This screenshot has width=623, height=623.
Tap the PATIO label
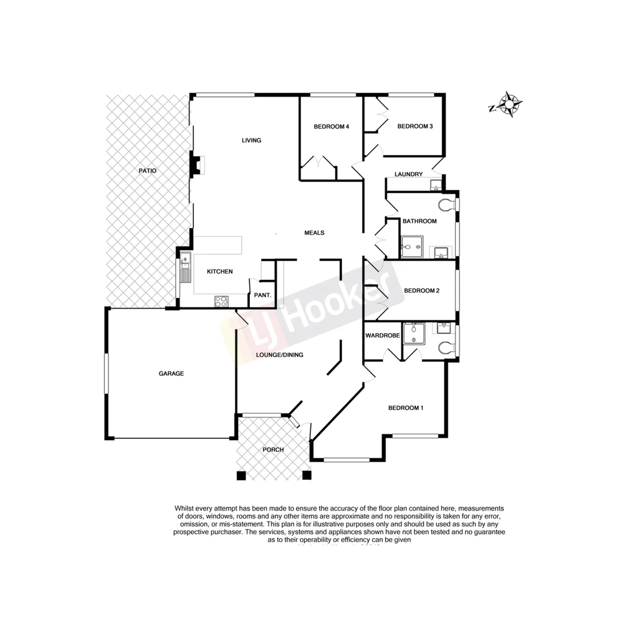pyautogui.click(x=147, y=171)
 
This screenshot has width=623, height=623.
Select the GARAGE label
pyautogui.click(x=171, y=374)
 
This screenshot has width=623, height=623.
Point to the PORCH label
pyautogui.click(x=274, y=450)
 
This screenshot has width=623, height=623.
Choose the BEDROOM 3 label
pyautogui.click(x=415, y=126)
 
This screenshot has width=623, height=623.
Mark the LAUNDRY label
pyautogui.click(x=409, y=174)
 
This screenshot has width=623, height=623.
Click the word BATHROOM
pyautogui.click(x=419, y=221)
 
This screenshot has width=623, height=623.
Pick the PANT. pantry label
pyautogui.click(x=259, y=296)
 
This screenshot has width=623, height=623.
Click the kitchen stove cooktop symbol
pyautogui.click(x=222, y=301)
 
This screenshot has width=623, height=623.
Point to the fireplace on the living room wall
pyautogui.click(x=197, y=166)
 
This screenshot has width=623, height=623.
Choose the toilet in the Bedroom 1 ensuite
pyautogui.click(x=446, y=348)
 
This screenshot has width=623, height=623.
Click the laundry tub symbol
pyautogui.click(x=436, y=185)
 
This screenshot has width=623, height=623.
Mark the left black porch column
pyautogui.click(x=241, y=475)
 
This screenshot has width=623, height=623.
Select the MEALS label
pyautogui.click(x=314, y=233)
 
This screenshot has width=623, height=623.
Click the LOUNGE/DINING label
pyautogui.click(x=280, y=355)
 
